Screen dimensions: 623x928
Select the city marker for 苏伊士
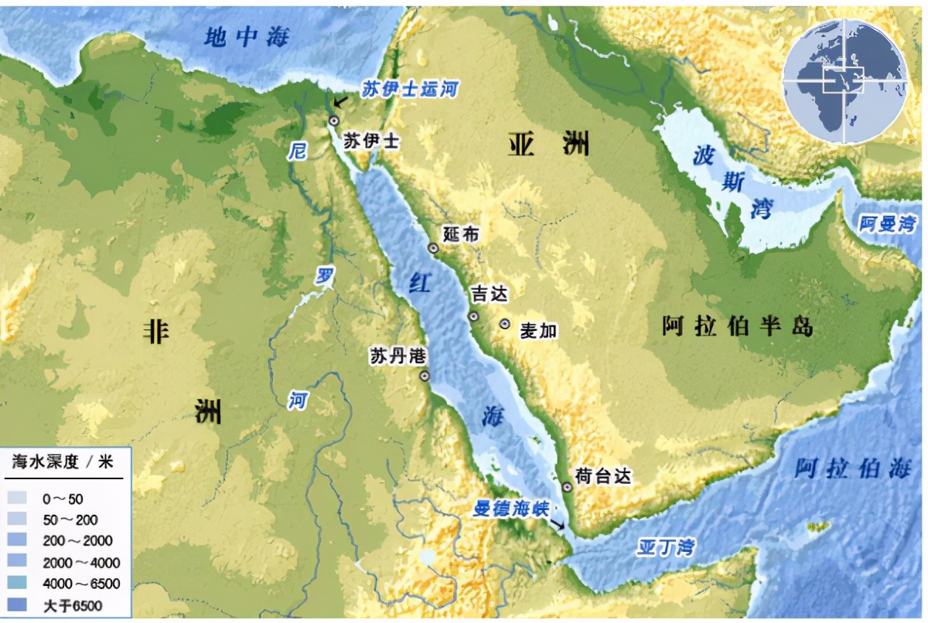[334, 121]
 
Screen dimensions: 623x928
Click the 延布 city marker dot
[434, 248]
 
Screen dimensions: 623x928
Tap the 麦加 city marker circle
[505, 325]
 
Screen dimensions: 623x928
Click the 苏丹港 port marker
[425, 376]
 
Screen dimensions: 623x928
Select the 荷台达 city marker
[567, 487]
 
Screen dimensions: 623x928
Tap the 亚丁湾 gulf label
[666, 548]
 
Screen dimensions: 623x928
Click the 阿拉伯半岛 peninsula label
[737, 326]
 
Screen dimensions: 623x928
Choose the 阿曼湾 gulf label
[887, 224]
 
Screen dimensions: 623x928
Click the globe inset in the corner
[844, 82]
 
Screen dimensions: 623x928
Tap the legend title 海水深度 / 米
[62, 462]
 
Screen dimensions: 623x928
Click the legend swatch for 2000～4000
[20, 562]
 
